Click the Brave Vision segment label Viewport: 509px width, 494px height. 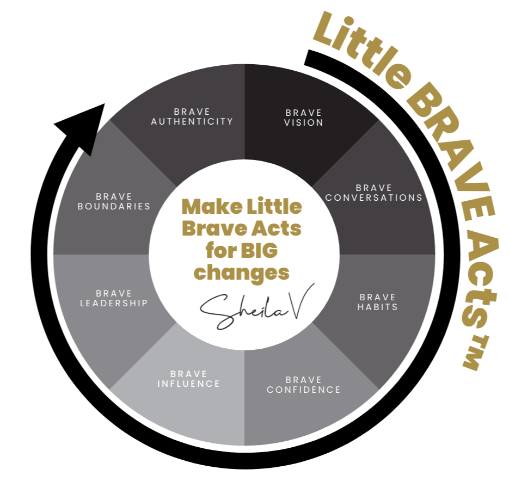(x=304, y=118)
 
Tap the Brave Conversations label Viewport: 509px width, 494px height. (x=373, y=193)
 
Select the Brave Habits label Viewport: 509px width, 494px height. (x=377, y=302)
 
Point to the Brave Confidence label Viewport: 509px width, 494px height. (x=303, y=385)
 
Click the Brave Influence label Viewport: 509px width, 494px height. (x=188, y=379)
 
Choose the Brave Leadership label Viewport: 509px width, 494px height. (x=114, y=298)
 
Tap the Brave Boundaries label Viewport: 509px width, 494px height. (x=114, y=201)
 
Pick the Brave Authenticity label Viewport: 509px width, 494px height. (x=192, y=116)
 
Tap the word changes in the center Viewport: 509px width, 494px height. (x=241, y=272)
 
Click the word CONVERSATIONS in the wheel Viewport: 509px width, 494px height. (x=373, y=197)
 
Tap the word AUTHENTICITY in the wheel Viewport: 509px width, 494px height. (x=192, y=121)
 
